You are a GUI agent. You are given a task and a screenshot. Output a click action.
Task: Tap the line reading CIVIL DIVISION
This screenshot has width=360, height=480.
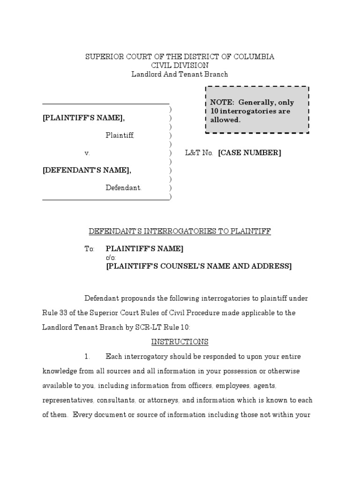point(180,66)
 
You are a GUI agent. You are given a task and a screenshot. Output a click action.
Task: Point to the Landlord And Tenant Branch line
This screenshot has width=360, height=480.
point(180,74)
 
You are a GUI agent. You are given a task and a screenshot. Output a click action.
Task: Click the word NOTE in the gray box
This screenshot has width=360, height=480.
point(221,103)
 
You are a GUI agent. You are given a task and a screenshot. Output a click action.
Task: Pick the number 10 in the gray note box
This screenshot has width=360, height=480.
point(214,111)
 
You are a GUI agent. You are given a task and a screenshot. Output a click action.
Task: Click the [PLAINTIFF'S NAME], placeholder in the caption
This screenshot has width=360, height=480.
point(83,118)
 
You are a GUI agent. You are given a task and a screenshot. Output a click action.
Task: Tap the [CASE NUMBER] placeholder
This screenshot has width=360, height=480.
point(249,153)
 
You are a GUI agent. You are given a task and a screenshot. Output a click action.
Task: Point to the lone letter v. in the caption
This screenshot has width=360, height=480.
point(87,153)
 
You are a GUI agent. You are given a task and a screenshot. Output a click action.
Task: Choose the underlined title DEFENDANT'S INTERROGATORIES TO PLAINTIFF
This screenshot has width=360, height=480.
point(180,231)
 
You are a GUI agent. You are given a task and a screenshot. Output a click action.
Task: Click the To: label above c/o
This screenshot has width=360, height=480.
point(90,249)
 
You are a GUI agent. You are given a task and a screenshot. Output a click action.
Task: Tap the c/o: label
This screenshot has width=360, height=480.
point(111,258)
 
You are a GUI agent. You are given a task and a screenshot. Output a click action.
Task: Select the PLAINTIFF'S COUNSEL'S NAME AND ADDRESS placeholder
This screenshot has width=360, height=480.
point(199,266)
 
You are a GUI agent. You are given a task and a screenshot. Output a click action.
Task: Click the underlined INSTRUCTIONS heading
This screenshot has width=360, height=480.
point(180,342)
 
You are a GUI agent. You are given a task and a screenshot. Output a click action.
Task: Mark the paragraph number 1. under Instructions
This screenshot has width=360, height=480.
point(87,357)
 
